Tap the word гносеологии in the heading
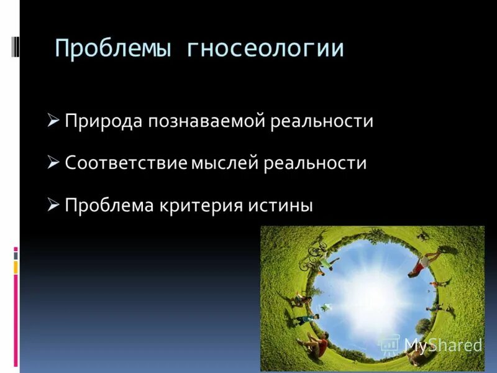265,48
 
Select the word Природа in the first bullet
102,121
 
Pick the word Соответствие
126,163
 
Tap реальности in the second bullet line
315,163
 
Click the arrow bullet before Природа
53,120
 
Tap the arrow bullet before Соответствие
53,163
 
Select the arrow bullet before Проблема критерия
53,205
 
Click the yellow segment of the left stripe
16,267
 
